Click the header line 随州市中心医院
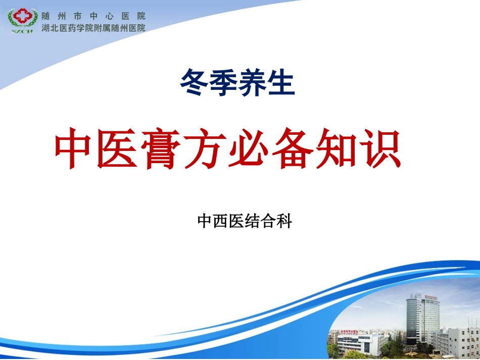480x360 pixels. [93, 16]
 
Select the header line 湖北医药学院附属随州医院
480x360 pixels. [93, 28]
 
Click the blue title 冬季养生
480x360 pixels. [237, 83]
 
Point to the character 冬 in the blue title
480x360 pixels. [194, 83]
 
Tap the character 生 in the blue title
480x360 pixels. [281, 83]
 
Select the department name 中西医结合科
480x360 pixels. [245, 221]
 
